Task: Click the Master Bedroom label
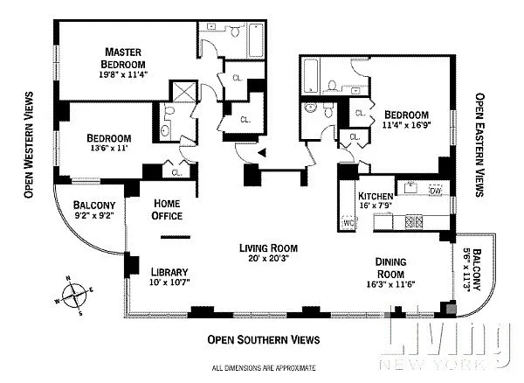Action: [x=123, y=58]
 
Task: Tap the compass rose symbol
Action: [x=74, y=295]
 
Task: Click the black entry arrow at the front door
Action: [x=262, y=153]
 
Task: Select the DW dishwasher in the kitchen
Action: [x=435, y=191]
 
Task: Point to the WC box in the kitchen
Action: [x=348, y=222]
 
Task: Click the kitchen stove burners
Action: [x=414, y=222]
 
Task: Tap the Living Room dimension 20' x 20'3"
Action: [x=268, y=258]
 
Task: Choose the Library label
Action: [x=169, y=272]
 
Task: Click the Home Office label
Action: [x=167, y=209]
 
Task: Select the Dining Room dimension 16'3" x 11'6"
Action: [x=390, y=284]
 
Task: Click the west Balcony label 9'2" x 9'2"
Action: [x=94, y=210]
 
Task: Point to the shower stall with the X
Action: [x=183, y=91]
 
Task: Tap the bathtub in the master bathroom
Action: [x=256, y=40]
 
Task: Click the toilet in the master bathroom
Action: [x=235, y=31]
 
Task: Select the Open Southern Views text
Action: [x=264, y=339]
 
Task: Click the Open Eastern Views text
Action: [x=479, y=144]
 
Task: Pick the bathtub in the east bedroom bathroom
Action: [x=311, y=75]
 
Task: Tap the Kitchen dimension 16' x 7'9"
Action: [x=376, y=205]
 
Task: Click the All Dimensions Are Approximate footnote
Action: [x=264, y=368]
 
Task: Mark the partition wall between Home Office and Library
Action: [x=176, y=237]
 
